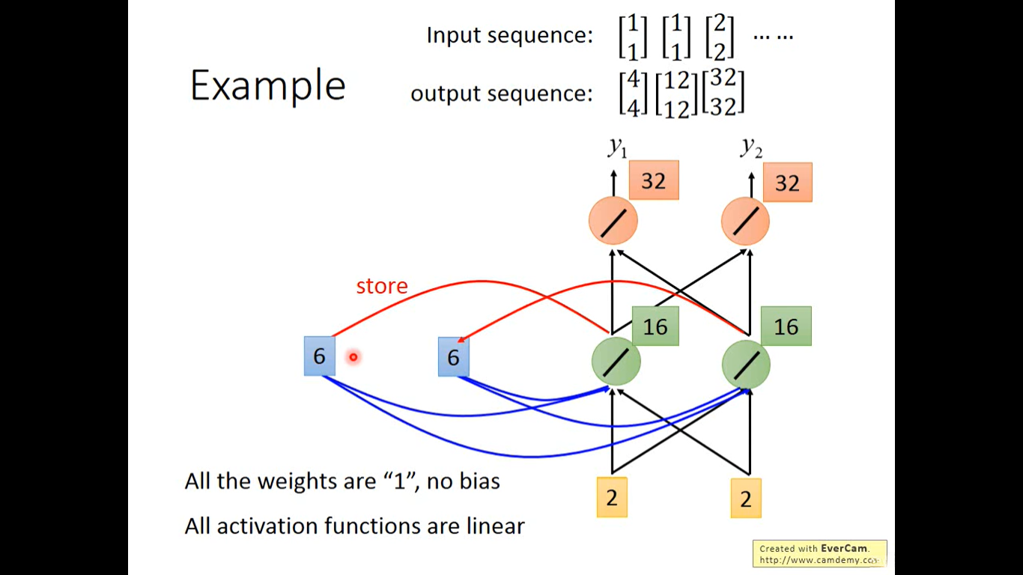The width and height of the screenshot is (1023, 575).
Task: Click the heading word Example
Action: [267, 85]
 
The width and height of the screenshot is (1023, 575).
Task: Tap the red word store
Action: [382, 286]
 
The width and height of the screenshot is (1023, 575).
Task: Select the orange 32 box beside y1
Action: [654, 180]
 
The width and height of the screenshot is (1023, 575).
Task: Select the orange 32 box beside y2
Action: [787, 182]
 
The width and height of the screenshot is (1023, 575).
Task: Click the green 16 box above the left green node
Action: [655, 326]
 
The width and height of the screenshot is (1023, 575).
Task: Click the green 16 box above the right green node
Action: [786, 326]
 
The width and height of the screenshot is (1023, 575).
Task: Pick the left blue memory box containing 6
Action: [319, 356]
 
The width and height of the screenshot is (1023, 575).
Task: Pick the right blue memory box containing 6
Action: [454, 356]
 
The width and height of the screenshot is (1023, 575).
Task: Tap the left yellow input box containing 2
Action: [612, 497]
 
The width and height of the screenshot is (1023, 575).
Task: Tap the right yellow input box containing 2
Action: [746, 499]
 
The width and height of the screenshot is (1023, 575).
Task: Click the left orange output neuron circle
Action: [613, 222]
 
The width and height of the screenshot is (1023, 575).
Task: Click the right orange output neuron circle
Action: [745, 222]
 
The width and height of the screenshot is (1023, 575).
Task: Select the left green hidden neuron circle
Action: [616, 362]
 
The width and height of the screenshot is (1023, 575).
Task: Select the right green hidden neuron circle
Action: [746, 365]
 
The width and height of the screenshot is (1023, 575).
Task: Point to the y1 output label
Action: [617, 147]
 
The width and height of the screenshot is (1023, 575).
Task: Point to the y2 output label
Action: [751, 147]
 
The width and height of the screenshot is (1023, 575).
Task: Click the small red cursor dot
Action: [353, 357]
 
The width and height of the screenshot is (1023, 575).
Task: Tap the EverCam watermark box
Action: [820, 553]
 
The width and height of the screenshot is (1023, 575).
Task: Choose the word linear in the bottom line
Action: [496, 526]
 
